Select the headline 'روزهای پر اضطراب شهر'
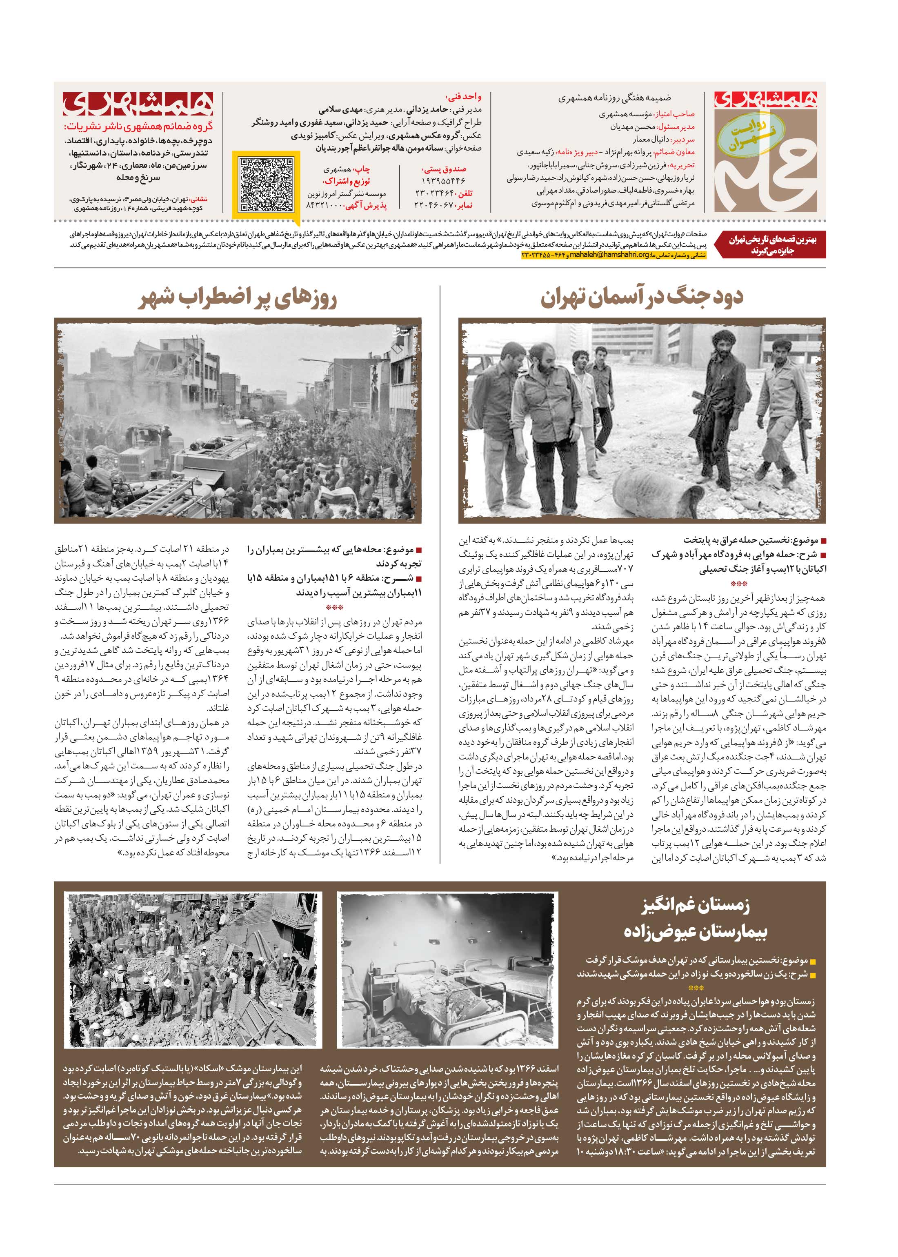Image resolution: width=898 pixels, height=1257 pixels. [238, 298]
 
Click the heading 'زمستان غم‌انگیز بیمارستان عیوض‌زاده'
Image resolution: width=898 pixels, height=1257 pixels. [695, 919]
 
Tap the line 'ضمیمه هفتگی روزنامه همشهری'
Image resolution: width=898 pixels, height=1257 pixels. [614, 98]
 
